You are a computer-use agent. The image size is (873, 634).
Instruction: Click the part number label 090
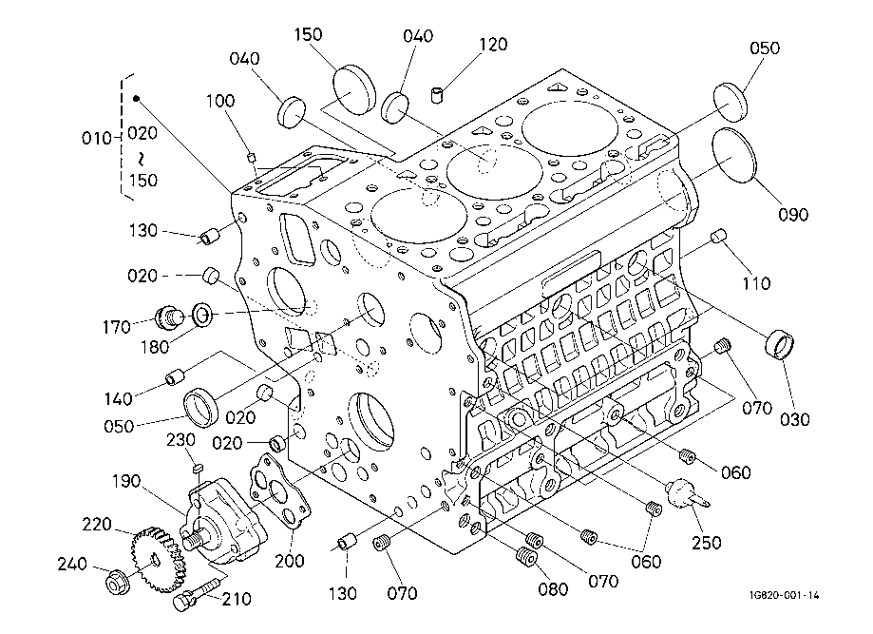pos(793,215)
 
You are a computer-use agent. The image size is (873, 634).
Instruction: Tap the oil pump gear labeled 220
pos(157,559)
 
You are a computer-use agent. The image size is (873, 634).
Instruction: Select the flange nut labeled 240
pos(118,582)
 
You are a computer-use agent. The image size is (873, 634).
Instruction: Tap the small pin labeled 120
pos(438,94)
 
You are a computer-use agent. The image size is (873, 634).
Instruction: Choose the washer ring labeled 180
pos(202,315)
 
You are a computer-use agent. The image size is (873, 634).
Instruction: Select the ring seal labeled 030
pos(780,345)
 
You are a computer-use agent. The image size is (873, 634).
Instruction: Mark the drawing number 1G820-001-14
pos(785,596)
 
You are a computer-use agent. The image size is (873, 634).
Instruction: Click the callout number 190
pos(126,481)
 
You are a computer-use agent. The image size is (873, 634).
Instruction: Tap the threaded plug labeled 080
pos(526,556)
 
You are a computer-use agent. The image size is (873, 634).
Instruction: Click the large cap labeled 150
pos(354,89)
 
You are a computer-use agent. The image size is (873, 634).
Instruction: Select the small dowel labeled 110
pos(718,237)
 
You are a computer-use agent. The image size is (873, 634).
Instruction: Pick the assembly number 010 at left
pos(96,138)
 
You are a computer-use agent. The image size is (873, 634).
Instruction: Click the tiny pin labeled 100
pos(252,157)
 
